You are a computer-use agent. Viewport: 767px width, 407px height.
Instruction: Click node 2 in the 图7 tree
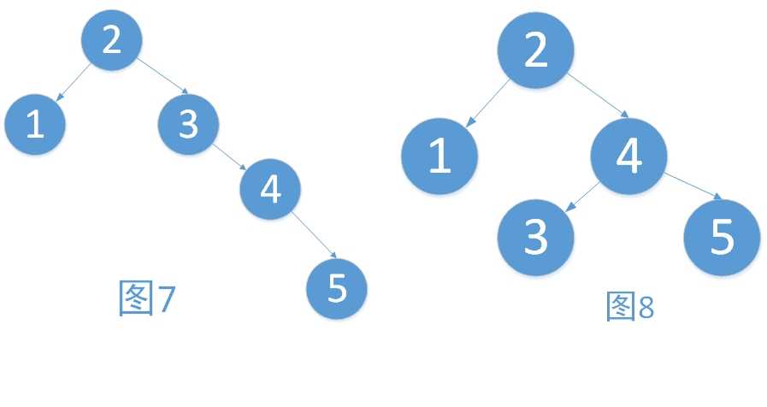coord(111,40)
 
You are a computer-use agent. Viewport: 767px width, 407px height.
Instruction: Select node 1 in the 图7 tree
coord(35,124)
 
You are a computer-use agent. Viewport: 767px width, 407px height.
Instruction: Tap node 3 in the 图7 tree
coord(188,124)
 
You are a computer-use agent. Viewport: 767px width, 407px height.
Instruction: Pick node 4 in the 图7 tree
coord(270,189)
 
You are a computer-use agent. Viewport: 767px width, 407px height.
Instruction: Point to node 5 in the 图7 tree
coord(337,289)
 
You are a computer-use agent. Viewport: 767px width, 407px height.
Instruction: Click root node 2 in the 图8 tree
coord(535,50)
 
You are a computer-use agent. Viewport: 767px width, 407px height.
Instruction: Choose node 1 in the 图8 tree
coord(440,156)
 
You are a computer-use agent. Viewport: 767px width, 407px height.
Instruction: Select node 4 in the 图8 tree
coord(629,156)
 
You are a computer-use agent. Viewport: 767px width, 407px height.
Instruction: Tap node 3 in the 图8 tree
coord(535,237)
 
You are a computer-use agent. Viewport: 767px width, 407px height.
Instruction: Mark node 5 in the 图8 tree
coord(722,237)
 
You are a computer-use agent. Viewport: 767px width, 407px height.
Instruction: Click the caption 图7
coord(147,298)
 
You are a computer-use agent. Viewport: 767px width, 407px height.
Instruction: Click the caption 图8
coord(630,306)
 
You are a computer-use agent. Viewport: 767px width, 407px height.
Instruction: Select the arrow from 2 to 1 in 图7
coord(74,82)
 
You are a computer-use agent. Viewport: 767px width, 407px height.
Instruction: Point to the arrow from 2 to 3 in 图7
coord(162,76)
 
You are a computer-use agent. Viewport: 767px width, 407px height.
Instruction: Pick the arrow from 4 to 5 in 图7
coord(314,235)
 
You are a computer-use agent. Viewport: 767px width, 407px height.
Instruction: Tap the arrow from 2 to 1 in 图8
coord(487,103)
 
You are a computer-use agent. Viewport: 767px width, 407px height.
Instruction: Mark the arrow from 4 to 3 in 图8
coord(582,198)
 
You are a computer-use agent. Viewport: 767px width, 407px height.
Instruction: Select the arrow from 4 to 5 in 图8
coord(693,186)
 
